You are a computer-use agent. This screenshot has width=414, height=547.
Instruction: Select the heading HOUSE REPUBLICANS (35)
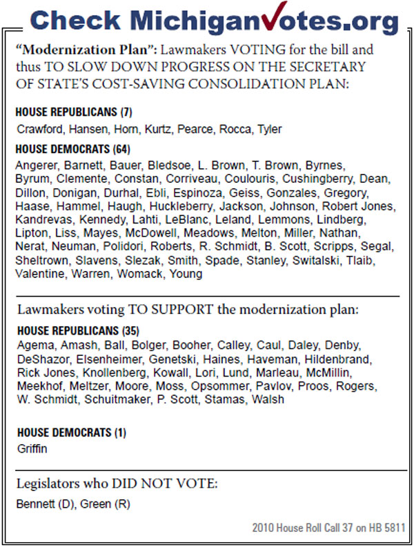(77, 332)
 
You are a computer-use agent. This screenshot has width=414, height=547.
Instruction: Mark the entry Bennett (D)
(44, 504)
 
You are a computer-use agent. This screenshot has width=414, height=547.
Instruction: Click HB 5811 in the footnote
(387, 528)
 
